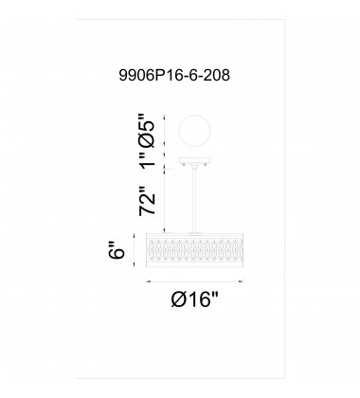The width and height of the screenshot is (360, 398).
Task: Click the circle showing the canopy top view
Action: click(x=184, y=129)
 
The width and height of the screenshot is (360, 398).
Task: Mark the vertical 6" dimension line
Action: click(x=134, y=252)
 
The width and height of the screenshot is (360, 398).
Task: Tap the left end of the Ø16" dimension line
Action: click(x=145, y=281)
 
